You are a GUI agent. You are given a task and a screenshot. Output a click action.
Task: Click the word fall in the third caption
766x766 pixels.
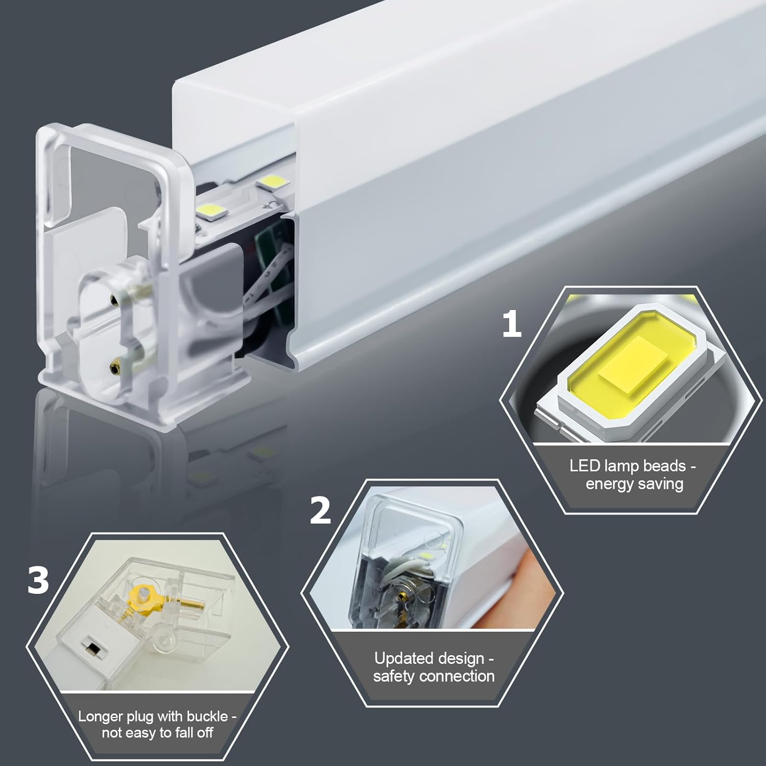tap(185, 733)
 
